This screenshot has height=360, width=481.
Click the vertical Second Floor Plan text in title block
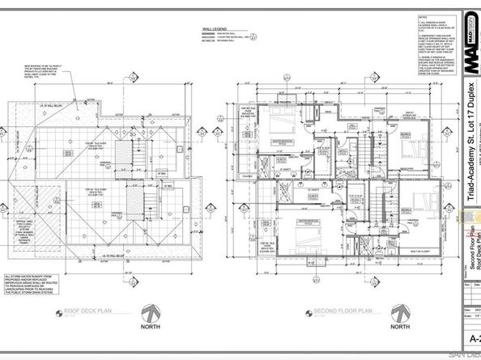coord(468,243)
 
